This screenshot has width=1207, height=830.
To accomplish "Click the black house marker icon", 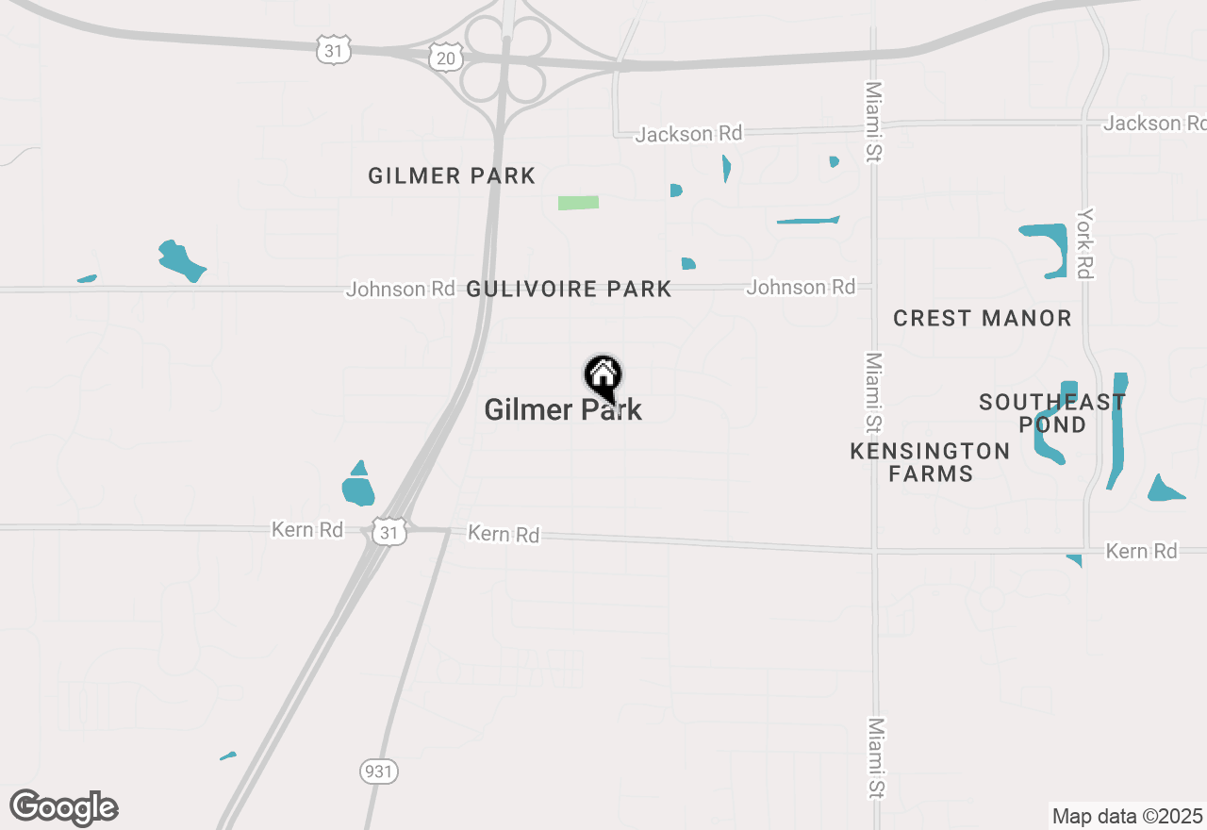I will tap(603, 376).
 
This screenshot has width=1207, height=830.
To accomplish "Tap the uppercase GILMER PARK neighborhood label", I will tap(452, 176).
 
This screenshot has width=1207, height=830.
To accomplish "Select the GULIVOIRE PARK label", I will tap(569, 290).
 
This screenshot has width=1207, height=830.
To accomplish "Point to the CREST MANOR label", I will tap(982, 319).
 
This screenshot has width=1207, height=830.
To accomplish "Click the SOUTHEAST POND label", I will tap(1052, 413).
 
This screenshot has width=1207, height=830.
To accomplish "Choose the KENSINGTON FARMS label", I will tap(930, 462).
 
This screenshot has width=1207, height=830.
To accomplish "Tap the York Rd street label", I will tap(1085, 242).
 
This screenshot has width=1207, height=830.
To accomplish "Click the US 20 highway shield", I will tap(445, 58).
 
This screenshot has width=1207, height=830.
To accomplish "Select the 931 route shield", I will tap(378, 772).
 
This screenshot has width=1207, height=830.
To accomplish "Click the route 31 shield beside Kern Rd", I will tap(389, 532).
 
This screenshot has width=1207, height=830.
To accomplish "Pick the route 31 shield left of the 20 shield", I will tap(334, 51).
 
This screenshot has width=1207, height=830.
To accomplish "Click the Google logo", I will tap(64, 807).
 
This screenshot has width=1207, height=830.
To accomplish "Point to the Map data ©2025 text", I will tap(1127, 816).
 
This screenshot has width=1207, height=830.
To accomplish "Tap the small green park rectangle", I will tap(578, 203).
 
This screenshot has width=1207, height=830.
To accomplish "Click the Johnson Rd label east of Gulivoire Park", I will tap(801, 287).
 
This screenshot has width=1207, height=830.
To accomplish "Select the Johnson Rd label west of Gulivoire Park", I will tap(400, 289).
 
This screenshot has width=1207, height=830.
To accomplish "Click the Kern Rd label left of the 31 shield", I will tap(306, 529).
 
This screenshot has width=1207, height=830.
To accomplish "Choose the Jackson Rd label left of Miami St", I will tap(688, 134).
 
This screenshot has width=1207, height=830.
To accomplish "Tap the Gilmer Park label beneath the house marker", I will tap(563, 409).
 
